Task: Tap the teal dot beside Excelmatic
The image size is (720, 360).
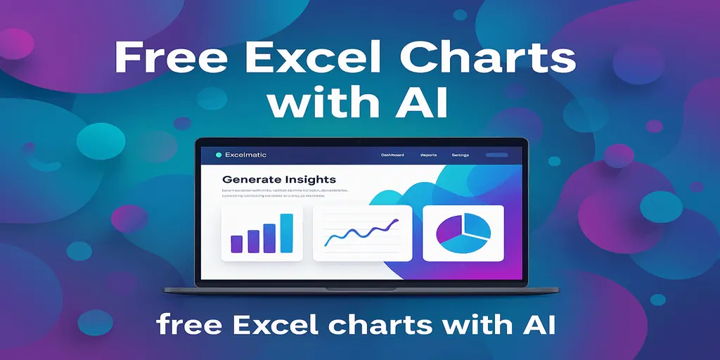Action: [x=219, y=155]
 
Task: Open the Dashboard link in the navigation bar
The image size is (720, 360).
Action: [x=392, y=155]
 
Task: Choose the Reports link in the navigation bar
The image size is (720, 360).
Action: [x=429, y=155]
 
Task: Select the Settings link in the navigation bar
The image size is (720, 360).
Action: [x=461, y=155]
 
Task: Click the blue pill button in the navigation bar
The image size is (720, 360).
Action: [x=496, y=155]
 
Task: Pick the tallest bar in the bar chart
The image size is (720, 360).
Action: [x=286, y=233]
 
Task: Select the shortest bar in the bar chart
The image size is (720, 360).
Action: [x=236, y=243]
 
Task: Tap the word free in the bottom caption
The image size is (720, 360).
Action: [x=186, y=325]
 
